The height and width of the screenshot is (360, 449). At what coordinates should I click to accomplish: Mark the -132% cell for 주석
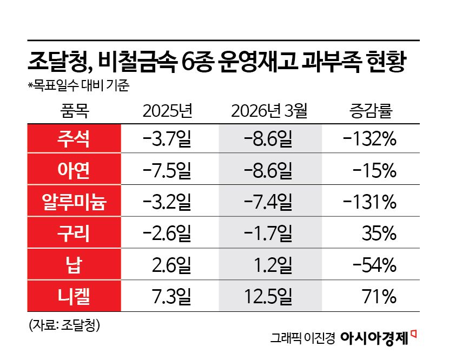tap(370, 139)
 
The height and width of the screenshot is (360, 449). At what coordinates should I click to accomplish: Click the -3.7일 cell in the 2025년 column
tap(167, 139)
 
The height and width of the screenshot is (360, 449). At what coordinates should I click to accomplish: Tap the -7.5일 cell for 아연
tap(167, 171)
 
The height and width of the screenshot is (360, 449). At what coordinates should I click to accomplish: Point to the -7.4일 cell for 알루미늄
tap(269, 202)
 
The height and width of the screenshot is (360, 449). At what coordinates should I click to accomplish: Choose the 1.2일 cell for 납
tap(273, 265)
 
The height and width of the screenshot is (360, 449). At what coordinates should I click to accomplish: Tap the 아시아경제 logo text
tap(374, 338)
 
